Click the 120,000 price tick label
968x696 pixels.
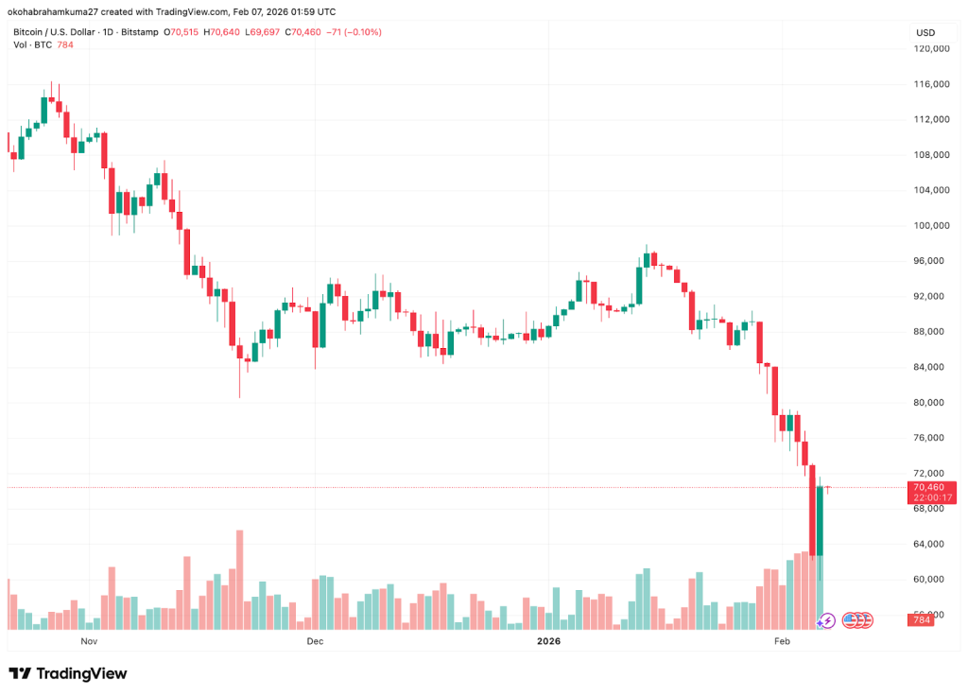932,48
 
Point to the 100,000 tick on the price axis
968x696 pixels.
932,225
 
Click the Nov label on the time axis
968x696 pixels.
89,641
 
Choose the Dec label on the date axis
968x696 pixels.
315,641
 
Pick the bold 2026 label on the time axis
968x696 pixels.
548,641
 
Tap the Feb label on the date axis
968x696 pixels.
781,641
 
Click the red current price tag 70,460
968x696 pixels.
933,487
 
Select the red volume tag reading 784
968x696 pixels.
921,620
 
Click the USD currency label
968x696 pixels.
924,32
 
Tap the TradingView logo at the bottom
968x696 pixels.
67,673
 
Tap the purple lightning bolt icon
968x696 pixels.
826,620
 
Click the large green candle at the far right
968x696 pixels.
820,521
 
